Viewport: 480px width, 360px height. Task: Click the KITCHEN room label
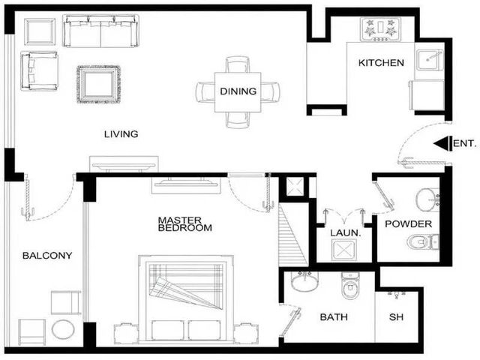click(x=381, y=63)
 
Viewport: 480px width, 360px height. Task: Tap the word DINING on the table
click(x=238, y=91)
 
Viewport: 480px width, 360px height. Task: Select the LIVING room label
click(x=121, y=134)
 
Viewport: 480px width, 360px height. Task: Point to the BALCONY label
click(x=47, y=255)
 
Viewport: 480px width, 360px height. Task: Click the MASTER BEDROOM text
click(x=185, y=224)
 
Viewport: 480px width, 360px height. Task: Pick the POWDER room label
click(x=408, y=223)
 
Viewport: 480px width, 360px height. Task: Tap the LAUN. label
click(x=346, y=233)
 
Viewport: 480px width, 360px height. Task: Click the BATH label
click(x=334, y=316)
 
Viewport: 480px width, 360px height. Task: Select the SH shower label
click(x=396, y=316)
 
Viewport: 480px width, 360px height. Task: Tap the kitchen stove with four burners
click(x=380, y=29)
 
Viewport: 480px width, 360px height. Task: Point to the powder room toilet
click(x=423, y=241)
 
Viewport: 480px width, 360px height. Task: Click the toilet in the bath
click(x=351, y=285)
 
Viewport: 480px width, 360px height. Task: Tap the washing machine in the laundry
click(x=344, y=250)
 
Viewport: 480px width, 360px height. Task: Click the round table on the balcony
click(x=63, y=329)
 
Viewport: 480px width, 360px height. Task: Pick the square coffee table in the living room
click(x=98, y=84)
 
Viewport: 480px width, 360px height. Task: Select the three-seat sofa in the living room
click(x=100, y=31)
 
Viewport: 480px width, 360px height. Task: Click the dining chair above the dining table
click(x=238, y=64)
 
